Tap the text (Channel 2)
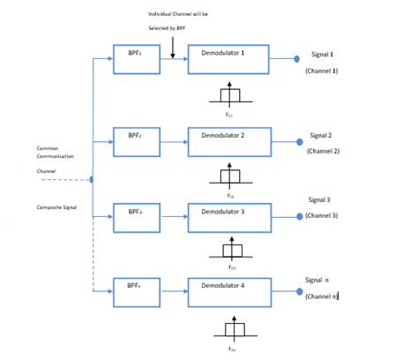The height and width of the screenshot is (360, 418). point(323,152)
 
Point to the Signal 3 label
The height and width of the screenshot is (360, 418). point(319,200)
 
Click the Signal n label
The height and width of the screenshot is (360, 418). point(319,279)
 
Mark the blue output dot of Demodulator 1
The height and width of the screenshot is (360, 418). point(297,59)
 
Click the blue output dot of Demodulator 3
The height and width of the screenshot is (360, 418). point(300,216)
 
